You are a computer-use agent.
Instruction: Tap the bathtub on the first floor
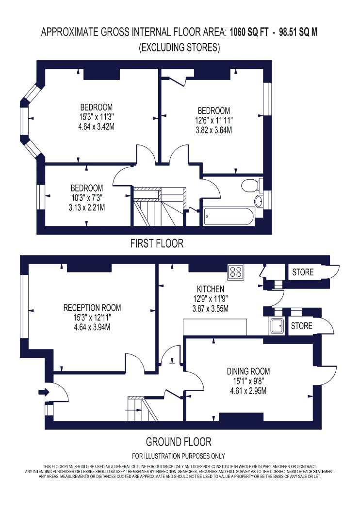tap(229, 217)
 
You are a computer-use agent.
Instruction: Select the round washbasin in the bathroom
tap(259, 201)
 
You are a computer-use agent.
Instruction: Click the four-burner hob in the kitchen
tap(236, 271)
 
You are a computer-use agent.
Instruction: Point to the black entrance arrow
tap(44, 392)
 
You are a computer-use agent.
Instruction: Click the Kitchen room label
tap(210, 289)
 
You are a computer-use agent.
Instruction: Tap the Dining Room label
tap(248, 371)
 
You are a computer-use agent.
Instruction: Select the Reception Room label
tap(92, 307)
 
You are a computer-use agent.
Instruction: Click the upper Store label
tap(303, 272)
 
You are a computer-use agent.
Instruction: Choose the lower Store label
tap(301, 326)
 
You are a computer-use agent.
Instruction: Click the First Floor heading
tap(157, 243)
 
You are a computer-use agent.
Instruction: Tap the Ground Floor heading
tap(179, 442)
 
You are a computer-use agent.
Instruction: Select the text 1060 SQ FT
tap(249, 32)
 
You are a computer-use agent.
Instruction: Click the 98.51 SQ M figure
tap(298, 32)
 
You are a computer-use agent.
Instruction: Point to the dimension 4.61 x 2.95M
tap(248, 391)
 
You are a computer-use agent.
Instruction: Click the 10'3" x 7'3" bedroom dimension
tap(87, 198)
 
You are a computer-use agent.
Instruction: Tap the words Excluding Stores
tap(180, 48)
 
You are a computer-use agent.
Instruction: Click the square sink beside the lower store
tap(277, 326)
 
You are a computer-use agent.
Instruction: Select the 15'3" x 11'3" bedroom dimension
tap(97, 117)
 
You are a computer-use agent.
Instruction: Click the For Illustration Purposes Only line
tap(179, 456)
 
